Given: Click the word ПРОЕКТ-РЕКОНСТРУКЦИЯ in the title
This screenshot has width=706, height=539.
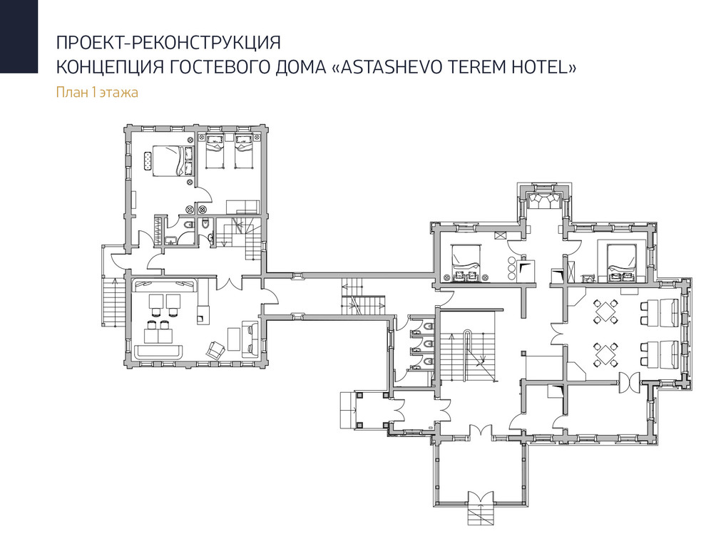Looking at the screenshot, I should [168, 41].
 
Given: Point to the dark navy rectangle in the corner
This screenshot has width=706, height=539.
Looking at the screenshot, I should [19, 36].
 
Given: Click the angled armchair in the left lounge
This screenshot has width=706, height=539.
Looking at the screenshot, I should [215, 349].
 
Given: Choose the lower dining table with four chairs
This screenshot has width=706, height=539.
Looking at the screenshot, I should [605, 353].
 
